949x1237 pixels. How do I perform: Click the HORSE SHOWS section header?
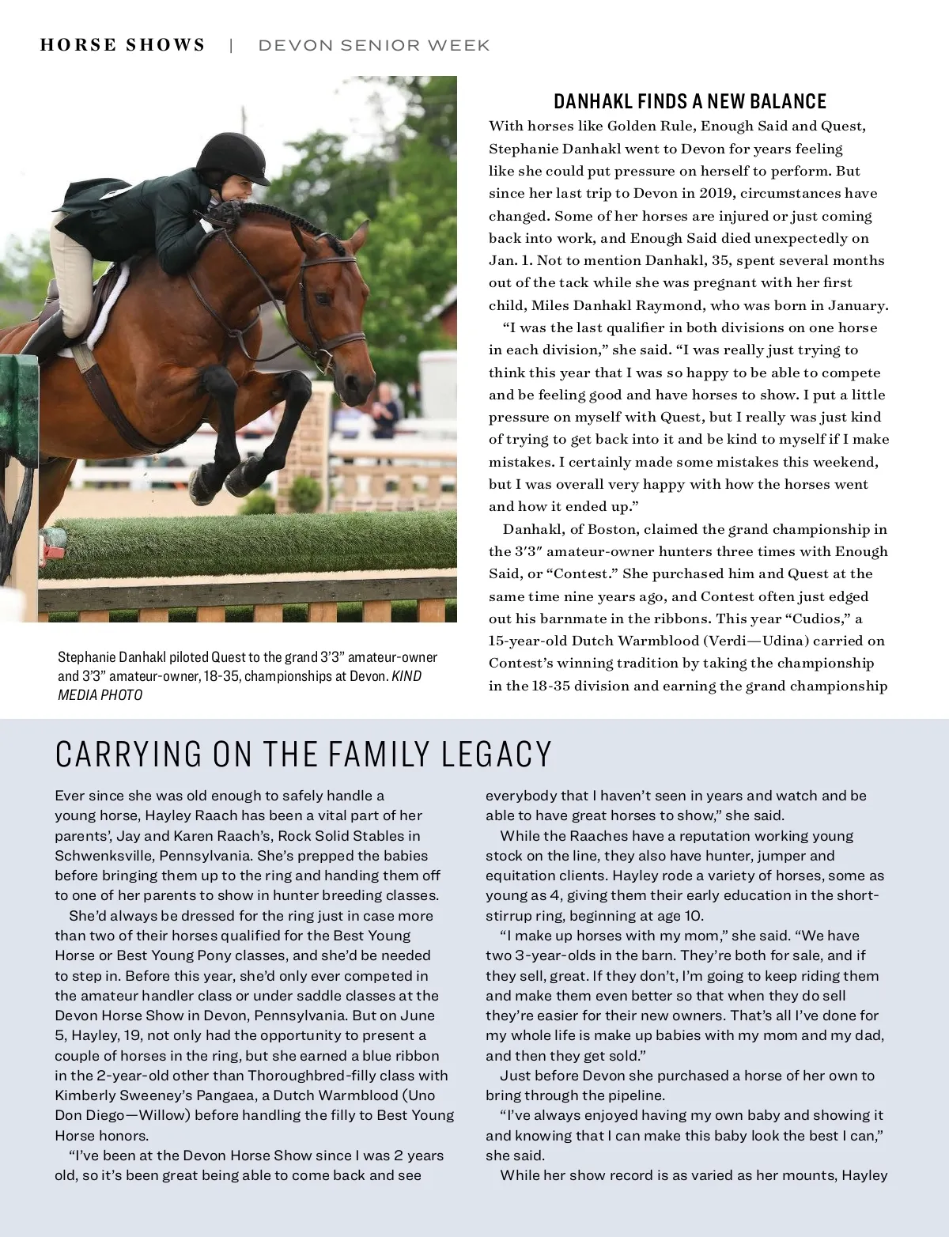click(123, 45)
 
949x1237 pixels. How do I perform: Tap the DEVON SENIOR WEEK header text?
click(373, 46)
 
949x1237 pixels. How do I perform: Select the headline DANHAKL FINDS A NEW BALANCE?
click(690, 101)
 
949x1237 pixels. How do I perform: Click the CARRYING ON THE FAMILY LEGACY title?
click(303, 755)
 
